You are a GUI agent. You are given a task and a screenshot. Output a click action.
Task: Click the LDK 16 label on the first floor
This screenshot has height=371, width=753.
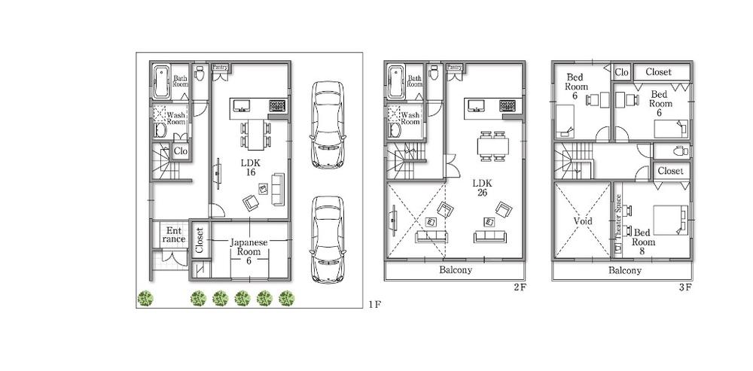tap(248, 167)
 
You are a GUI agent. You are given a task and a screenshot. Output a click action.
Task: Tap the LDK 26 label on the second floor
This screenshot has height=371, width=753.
tap(482, 187)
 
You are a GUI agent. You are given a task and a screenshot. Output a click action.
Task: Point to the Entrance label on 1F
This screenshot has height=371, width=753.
tap(173, 234)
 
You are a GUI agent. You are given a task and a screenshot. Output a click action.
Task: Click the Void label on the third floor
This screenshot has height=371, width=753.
tap(582, 222)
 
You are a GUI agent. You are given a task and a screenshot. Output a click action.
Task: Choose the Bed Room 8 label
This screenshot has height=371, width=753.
tap(644, 237)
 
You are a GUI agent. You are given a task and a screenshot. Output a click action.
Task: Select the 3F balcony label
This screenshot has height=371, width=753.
tap(624, 270)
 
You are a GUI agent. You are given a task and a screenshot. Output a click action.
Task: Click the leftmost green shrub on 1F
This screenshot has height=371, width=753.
tap(145, 299)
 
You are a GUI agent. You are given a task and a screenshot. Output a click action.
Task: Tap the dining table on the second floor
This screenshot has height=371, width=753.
tap(493, 143)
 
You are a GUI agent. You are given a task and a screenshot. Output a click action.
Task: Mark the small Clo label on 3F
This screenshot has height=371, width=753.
tap(621, 72)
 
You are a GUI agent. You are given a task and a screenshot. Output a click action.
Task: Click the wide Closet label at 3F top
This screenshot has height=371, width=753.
tap(663, 72)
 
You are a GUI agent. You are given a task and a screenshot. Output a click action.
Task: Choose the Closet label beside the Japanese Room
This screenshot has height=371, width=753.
tap(200, 240)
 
